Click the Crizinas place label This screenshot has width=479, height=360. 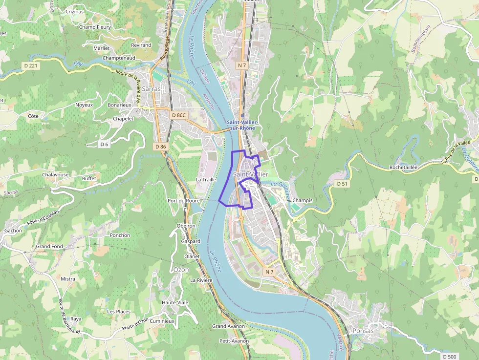click(74, 11)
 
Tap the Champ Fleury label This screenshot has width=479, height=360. click(95, 27)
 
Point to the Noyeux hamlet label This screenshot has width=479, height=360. click(84, 105)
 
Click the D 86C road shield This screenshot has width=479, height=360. click(179, 115)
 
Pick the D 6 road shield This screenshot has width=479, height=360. click(104, 144)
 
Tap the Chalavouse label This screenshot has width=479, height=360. click(55, 174)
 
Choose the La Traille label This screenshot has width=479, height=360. click(206, 179)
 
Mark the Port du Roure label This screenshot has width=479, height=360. click(183, 201)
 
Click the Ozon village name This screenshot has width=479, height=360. click(181, 270)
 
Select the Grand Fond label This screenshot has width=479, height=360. click(49, 247)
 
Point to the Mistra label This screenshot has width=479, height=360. click(68, 279)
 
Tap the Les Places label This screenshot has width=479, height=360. click(119, 311)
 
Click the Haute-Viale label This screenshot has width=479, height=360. click(175, 302)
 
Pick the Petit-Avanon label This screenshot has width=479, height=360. click(234, 341)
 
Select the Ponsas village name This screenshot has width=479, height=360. click(363, 331)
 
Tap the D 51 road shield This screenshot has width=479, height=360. click(342, 184)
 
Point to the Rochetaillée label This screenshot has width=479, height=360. click(403, 167)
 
